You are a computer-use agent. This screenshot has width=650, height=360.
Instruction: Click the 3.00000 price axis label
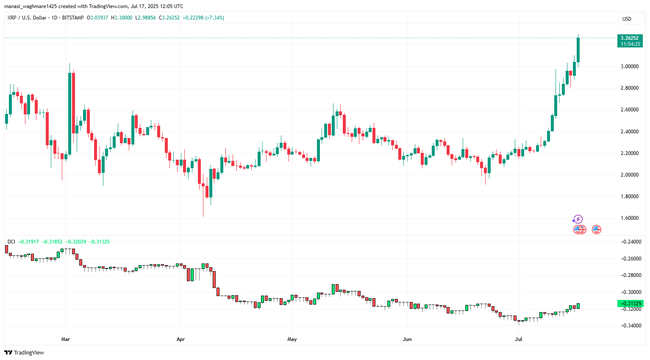[629, 66]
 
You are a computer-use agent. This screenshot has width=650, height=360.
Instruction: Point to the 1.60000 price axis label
[629, 218]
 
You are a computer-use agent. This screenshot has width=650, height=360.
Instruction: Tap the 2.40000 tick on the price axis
[629, 132]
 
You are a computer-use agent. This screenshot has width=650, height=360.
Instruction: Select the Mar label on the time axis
[65, 339]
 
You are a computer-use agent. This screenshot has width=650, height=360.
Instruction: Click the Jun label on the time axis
[407, 339]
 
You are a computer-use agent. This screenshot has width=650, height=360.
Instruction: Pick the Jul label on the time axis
[518, 339]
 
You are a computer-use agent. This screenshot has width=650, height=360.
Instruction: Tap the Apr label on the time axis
[181, 339]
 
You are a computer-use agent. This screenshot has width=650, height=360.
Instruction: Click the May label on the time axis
[292, 339]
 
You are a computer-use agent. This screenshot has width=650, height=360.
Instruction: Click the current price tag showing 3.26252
[630, 38]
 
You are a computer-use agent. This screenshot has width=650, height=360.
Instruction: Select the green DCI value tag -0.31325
[631, 304]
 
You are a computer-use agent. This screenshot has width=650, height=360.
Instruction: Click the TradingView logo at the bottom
[24, 352]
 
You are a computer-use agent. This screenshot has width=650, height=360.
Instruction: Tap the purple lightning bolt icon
[578, 219]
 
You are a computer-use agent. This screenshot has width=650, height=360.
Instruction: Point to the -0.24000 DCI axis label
[631, 242]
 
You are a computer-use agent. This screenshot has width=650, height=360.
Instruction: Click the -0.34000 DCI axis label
[631, 326]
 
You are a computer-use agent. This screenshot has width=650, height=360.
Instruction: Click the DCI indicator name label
[11, 242]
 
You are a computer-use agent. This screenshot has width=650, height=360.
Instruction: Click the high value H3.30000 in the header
[121, 18]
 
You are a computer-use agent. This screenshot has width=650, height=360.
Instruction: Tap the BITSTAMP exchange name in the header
[73, 18]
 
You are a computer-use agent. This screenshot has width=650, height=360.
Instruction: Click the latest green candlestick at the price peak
[578, 50]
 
